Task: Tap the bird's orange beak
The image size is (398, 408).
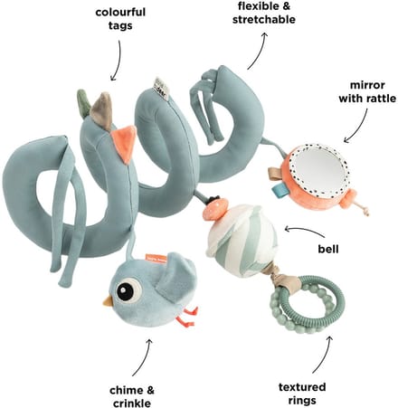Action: (x=108, y=301)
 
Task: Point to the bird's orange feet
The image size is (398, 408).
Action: (x=187, y=317)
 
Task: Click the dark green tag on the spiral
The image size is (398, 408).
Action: (x=84, y=102)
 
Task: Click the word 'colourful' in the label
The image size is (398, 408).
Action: (x=120, y=13)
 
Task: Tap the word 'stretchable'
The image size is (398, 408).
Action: (x=264, y=19)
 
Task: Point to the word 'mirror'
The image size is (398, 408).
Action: (x=367, y=85)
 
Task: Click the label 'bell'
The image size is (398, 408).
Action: (x=328, y=249)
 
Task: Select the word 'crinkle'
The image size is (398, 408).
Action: (x=132, y=403)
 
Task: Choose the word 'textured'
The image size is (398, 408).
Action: (x=302, y=387)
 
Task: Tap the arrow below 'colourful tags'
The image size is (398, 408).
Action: (x=118, y=61)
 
